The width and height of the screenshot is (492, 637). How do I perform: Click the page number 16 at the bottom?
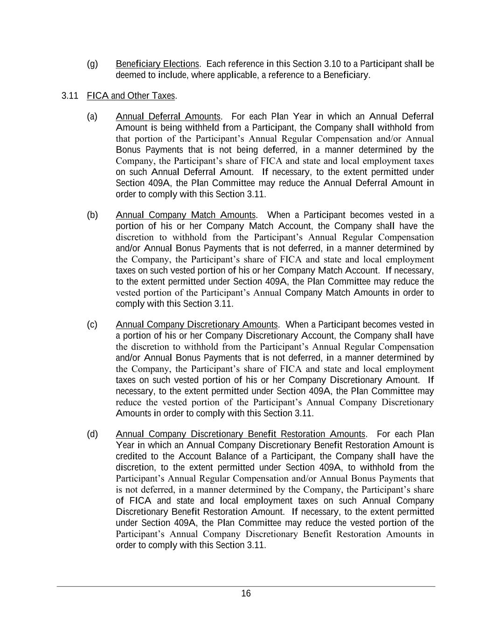click(x=246, y=594)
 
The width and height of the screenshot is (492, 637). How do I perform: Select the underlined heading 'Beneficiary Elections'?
click(x=157, y=64)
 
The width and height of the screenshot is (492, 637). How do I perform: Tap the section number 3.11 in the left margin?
click(x=69, y=96)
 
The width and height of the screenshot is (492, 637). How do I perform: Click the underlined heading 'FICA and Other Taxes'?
click(x=131, y=96)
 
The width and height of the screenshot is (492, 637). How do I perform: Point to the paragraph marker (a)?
click(x=92, y=116)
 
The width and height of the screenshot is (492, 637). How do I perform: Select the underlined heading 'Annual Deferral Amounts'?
click(x=168, y=116)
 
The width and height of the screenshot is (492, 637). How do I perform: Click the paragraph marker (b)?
click(x=92, y=215)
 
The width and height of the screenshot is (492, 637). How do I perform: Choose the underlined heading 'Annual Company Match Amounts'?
click(x=186, y=215)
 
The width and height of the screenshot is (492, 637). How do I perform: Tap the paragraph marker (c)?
click(x=92, y=325)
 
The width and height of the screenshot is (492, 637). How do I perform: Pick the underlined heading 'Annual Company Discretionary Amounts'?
click(x=196, y=325)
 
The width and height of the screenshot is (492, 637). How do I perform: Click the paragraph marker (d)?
click(x=92, y=434)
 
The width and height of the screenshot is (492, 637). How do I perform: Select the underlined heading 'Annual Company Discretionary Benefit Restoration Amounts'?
click(x=240, y=434)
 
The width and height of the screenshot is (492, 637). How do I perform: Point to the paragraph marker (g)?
click(x=92, y=64)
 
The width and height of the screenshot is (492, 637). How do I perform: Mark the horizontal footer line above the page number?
click(x=246, y=586)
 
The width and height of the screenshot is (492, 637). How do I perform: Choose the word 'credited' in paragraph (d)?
click(x=131, y=456)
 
